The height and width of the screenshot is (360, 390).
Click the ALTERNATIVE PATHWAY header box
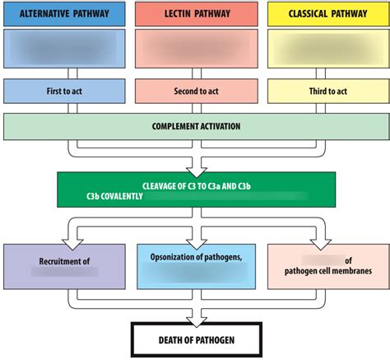click(63, 14)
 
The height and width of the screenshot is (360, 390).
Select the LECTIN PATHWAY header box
click(195, 14)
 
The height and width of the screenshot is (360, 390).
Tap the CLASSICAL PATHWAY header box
click(327, 14)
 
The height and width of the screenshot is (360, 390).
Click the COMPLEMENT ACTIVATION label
click(195, 126)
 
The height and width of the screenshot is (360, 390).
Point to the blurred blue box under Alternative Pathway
click(63, 50)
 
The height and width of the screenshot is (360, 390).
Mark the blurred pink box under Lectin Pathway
click(195, 50)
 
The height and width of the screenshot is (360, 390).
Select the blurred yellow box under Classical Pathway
click(327, 50)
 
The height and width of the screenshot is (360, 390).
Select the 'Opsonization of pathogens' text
click(195, 256)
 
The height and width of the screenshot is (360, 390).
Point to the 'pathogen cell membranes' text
click(327, 270)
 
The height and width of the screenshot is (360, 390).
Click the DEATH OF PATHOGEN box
click(195, 339)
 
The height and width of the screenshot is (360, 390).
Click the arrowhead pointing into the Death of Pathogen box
click(195, 317)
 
